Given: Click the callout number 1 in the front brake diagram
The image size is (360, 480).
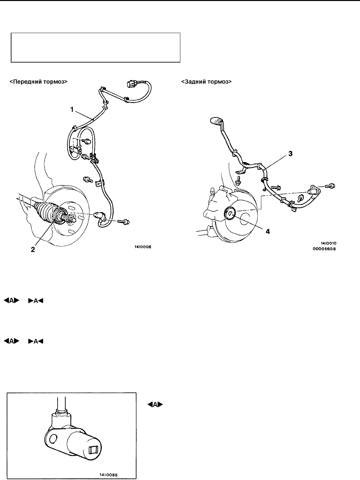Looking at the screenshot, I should click(72, 110).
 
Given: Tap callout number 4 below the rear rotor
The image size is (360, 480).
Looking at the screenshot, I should click(268, 231).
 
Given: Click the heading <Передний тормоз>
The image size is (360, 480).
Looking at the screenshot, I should click(39, 82).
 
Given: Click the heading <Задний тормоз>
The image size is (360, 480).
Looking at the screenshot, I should click(207, 82).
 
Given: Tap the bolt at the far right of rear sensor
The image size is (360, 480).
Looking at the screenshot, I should click(332, 186).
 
